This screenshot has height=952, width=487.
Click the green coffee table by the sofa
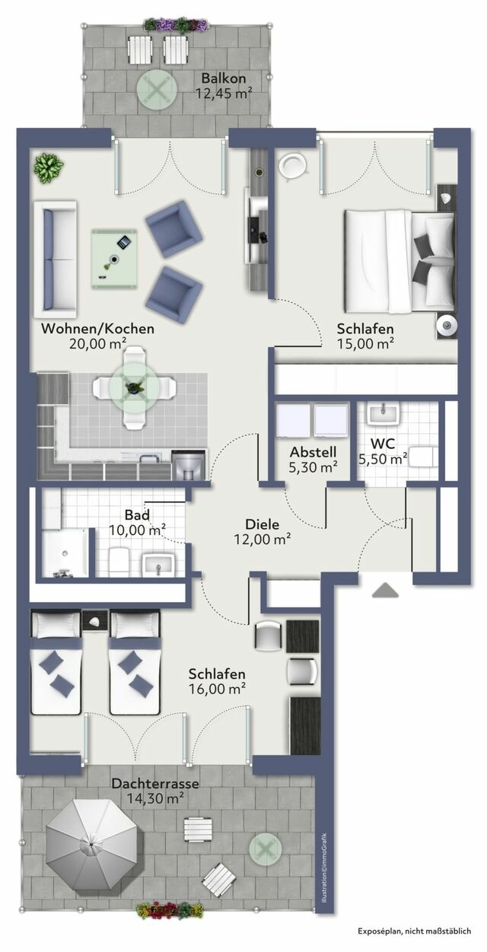pyautogui.click(x=115, y=257)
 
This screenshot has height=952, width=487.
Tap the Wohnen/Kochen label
pyautogui.click(x=97, y=330)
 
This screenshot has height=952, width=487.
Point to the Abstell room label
pyautogui.click(x=314, y=451)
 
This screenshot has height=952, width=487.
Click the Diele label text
pyautogui.click(x=262, y=524)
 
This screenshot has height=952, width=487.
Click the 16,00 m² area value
pyautogui.click(x=217, y=689)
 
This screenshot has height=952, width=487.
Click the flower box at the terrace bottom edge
pyautogui.click(x=169, y=910)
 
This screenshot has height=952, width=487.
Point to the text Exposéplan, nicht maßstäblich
pyautogui.click(x=419, y=931)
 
